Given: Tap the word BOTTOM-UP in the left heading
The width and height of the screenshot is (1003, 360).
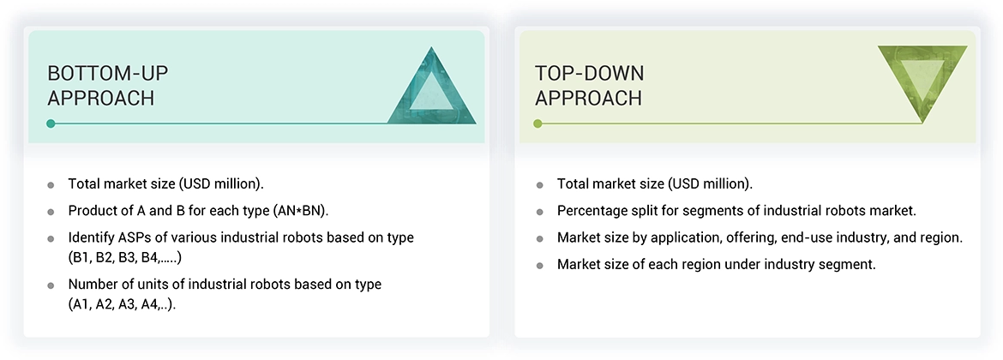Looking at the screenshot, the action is point(107,74).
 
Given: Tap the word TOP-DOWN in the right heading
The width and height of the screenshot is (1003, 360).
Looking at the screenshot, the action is point(589,74).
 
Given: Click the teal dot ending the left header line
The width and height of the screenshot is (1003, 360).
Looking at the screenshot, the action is point(51,123).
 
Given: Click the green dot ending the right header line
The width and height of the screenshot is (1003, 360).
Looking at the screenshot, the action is point(538,123).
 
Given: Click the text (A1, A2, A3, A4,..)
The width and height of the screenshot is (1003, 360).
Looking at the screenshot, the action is point(123,304).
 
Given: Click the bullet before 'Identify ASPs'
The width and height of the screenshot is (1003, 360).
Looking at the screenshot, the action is point(51,238).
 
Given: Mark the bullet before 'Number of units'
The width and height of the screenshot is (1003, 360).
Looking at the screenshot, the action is point(51,285).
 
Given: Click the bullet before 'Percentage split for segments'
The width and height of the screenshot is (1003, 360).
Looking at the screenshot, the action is point(540,212).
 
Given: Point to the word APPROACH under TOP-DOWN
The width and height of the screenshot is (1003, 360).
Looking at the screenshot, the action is point(588,98).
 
